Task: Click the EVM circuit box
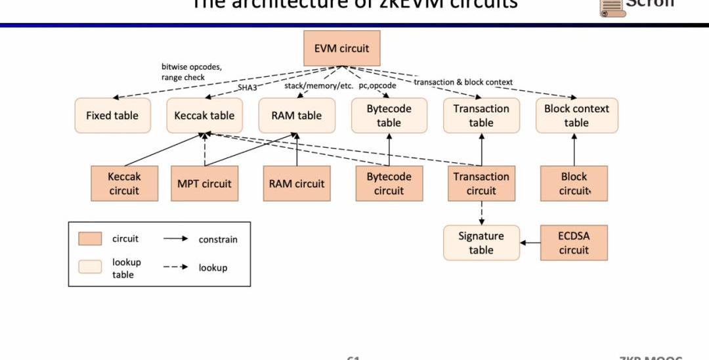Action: tap(341, 48)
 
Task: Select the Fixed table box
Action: tap(112, 116)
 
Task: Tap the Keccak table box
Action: tap(204, 116)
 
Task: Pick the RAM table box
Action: tap(297, 116)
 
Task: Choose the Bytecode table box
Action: tap(389, 116)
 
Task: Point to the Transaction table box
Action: tap(481, 116)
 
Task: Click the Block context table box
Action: tap(576, 116)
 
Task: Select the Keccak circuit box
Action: tap(124, 183)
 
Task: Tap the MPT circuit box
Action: tap(204, 183)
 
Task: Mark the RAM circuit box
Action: tap(297, 183)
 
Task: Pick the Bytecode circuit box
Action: tap(389, 183)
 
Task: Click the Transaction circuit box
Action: tap(481, 183)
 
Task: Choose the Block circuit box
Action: tap(574, 183)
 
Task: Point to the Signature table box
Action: tap(481, 243)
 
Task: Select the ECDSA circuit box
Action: tap(574, 243)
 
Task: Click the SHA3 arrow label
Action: tap(247, 87)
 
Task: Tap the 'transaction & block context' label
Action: tap(463, 82)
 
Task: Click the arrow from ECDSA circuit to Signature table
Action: tap(530, 243)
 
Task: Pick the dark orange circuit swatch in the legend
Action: tap(90, 238)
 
